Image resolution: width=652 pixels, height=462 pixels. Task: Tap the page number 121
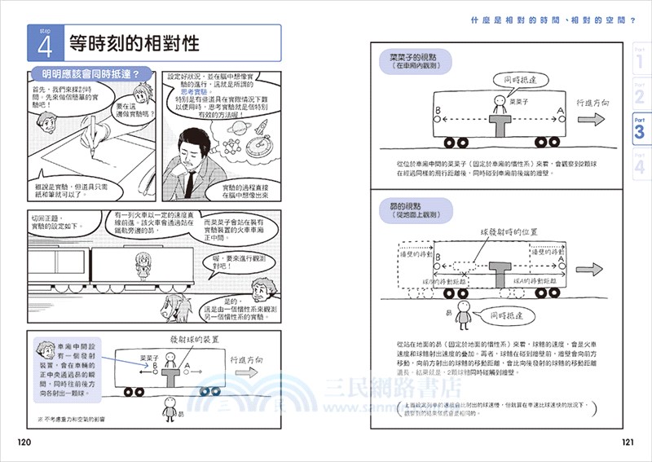click(626, 442)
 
